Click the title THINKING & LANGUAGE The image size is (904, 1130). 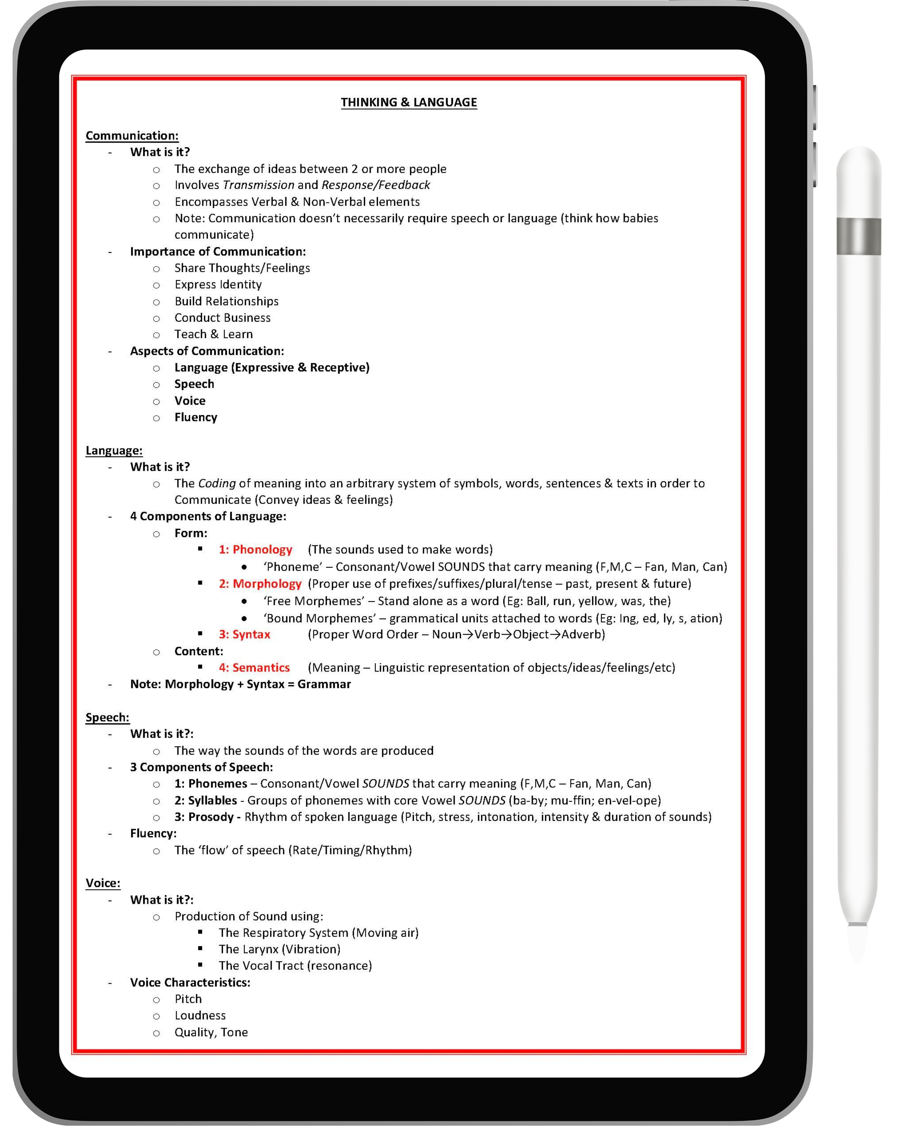(x=409, y=102)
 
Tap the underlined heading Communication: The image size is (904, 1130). (x=132, y=136)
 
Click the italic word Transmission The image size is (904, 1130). (x=258, y=185)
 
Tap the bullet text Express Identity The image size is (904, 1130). (x=218, y=285)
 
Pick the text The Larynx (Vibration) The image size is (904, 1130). (x=279, y=949)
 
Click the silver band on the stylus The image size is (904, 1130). (x=858, y=236)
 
